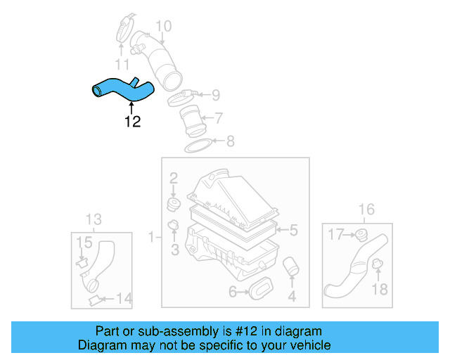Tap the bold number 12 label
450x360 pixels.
[132, 122]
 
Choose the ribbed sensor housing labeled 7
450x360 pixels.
[191, 120]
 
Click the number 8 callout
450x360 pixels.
[229, 141]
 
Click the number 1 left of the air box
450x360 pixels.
[150, 239]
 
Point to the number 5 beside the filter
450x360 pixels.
[294, 230]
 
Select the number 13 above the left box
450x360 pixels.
[94, 218]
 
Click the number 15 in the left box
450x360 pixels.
[84, 243]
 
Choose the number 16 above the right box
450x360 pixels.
[366, 209]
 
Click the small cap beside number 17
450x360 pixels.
[362, 234]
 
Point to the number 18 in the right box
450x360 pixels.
[379, 289]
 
